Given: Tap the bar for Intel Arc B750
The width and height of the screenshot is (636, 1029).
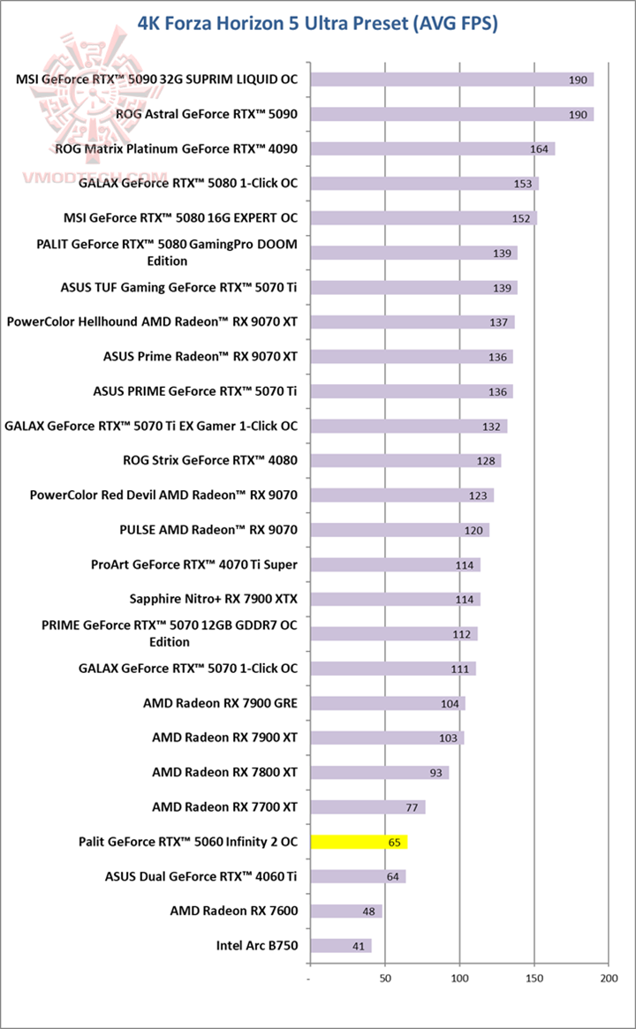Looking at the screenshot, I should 340,946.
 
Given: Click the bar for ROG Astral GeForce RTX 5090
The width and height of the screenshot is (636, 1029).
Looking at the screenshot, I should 450,114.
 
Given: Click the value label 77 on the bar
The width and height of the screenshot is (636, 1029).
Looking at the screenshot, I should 411,807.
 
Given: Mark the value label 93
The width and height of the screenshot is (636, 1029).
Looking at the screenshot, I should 435,773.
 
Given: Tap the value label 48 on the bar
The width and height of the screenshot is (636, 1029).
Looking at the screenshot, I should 368,912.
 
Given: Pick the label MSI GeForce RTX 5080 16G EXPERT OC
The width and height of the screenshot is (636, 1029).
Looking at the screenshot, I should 180,217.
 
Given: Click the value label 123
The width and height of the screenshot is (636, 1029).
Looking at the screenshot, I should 478,496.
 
